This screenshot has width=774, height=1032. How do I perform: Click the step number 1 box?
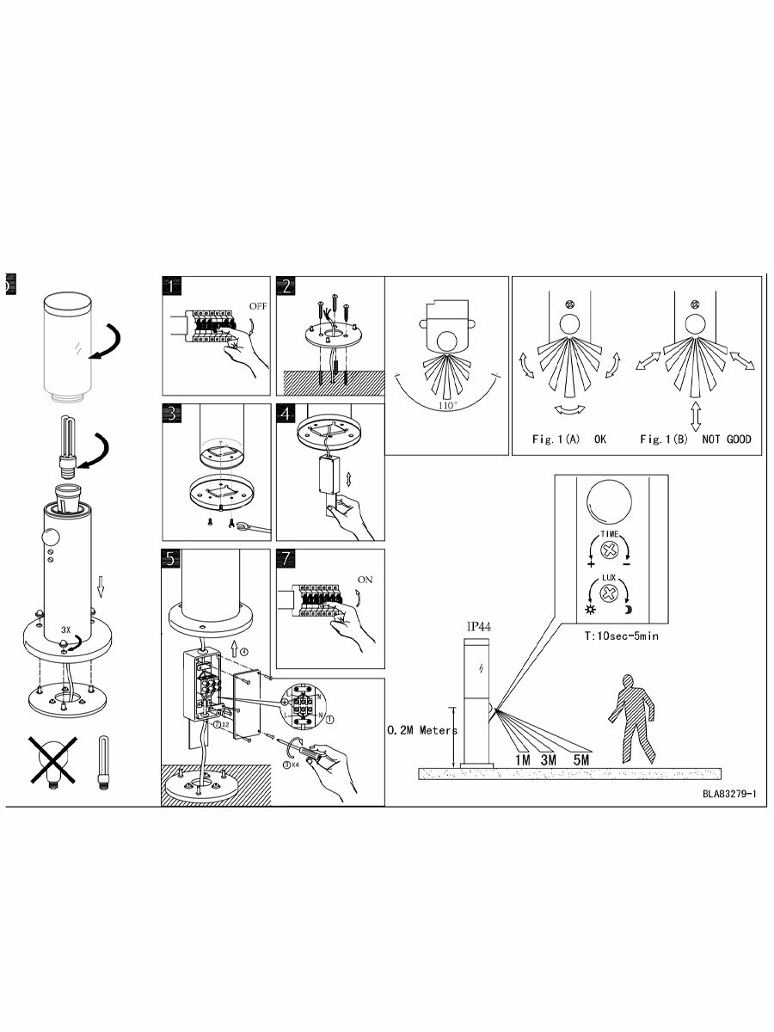[174, 287]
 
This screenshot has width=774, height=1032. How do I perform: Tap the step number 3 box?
[174, 414]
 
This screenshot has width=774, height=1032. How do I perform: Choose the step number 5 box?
[174, 558]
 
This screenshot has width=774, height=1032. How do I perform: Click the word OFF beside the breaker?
[258, 305]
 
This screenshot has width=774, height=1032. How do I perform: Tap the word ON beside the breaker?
[365, 580]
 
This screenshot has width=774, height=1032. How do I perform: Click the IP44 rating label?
[478, 627]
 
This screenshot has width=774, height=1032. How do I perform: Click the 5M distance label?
[580, 759]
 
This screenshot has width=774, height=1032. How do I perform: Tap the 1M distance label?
[523, 759]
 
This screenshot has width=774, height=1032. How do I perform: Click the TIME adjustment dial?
[611, 550]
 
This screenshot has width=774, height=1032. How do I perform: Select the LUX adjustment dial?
[611, 593]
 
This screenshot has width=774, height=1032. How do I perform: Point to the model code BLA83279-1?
[728, 794]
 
